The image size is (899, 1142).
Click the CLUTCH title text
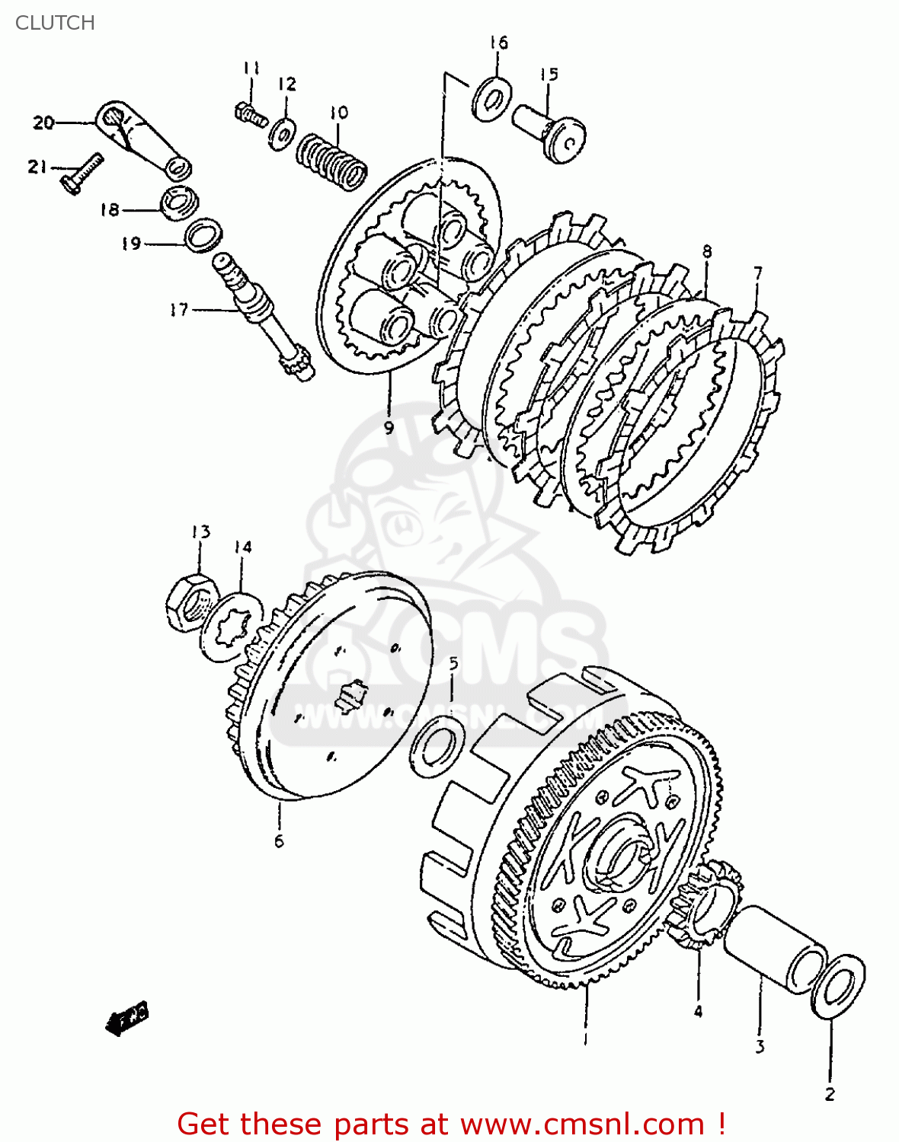[x=55, y=23]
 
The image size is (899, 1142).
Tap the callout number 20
[x=43, y=122]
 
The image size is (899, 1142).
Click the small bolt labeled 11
[x=250, y=114]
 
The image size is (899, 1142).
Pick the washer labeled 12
[x=283, y=133]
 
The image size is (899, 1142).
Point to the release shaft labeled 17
[x=263, y=316]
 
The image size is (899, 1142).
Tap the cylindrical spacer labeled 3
[x=773, y=949]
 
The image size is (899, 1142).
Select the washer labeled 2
[x=838, y=985]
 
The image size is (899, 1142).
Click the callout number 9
[x=389, y=427]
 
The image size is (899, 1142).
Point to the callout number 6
[x=279, y=841]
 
